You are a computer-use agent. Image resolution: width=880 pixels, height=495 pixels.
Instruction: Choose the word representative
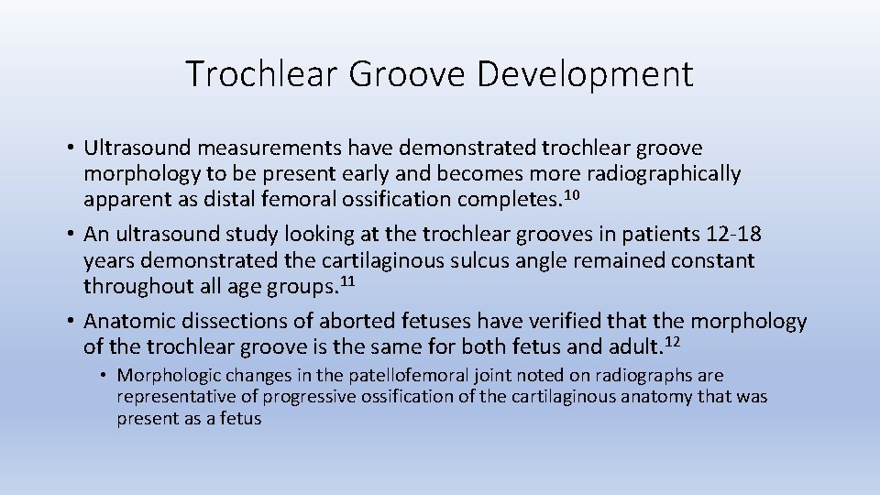pyautogui.click(x=173, y=397)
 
